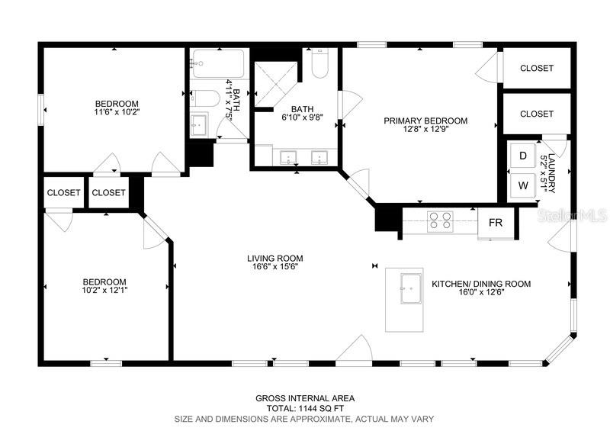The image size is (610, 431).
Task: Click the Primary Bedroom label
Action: [x=425, y=121]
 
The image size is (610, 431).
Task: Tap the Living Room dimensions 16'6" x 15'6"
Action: [x=275, y=267]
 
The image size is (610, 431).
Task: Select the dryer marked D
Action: [x=523, y=156]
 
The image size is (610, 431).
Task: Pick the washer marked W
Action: [x=523, y=185]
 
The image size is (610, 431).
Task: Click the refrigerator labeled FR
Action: [x=496, y=223]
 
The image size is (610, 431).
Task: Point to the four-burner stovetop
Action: [x=440, y=221]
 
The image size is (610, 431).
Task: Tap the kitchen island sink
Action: [x=411, y=288]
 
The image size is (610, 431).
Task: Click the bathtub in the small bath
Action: [x=218, y=63]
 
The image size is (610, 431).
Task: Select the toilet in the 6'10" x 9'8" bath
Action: [x=319, y=63]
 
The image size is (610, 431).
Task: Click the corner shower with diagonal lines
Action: [x=276, y=83]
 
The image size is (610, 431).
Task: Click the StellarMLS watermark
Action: [x=573, y=215]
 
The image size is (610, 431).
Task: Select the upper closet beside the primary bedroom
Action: [x=537, y=68]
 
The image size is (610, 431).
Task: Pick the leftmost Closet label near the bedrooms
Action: [x=64, y=193]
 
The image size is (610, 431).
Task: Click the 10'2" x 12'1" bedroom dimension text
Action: [x=104, y=290]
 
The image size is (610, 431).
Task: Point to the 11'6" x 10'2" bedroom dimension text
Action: [x=117, y=112]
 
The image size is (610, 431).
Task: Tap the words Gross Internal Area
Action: [x=305, y=398]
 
